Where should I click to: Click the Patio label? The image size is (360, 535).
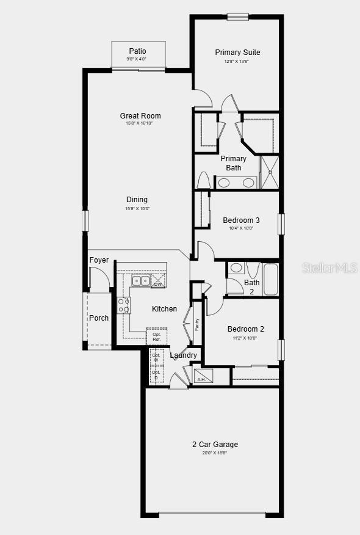click(137, 51)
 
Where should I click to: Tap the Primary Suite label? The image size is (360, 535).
click(237, 53)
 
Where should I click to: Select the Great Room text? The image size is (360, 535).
click(140, 116)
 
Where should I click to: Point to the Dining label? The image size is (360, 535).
click(137, 200)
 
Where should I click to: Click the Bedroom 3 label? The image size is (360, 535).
click(241, 220)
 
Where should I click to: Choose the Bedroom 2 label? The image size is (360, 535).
click(245, 329)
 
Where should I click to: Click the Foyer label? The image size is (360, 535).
click(99, 260)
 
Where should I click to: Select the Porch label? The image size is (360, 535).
click(99, 318)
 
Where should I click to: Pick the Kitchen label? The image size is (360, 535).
click(164, 309)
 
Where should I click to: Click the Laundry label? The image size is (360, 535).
click(183, 355)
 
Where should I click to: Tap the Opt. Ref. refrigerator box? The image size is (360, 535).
click(157, 337)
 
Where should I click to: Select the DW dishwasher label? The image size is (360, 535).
click(158, 283)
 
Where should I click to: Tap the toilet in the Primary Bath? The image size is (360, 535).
click(204, 181)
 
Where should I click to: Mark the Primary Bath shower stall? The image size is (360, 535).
click(269, 173)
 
